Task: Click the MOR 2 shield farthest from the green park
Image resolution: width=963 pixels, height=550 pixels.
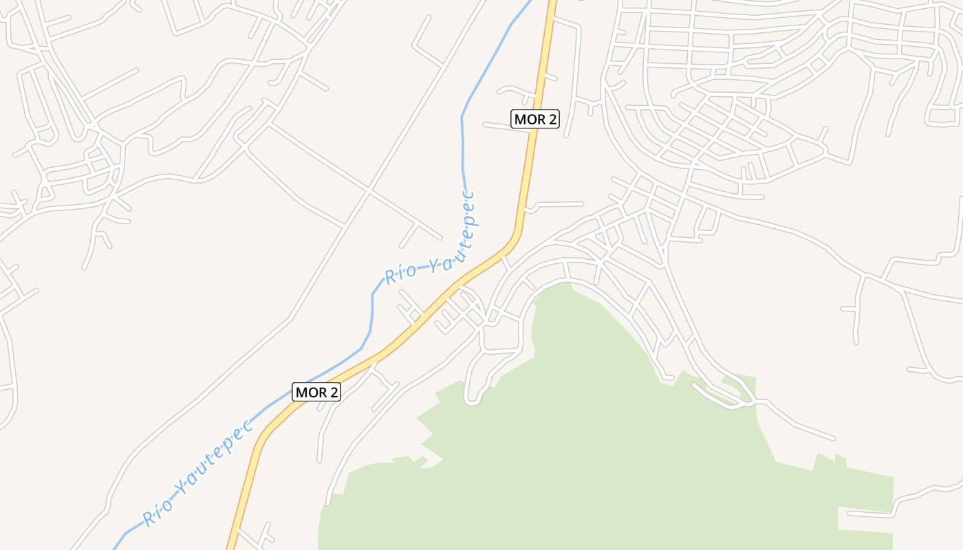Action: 535,119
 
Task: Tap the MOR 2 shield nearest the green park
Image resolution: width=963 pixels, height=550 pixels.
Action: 316,392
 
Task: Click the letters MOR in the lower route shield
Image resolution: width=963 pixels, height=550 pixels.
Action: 310,392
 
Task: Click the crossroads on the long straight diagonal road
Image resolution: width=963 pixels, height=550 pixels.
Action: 369,189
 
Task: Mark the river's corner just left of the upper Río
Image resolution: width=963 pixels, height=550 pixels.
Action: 374,294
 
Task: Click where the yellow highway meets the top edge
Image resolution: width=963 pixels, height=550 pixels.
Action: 552,2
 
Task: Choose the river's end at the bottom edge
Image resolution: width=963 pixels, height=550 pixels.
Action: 114,548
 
